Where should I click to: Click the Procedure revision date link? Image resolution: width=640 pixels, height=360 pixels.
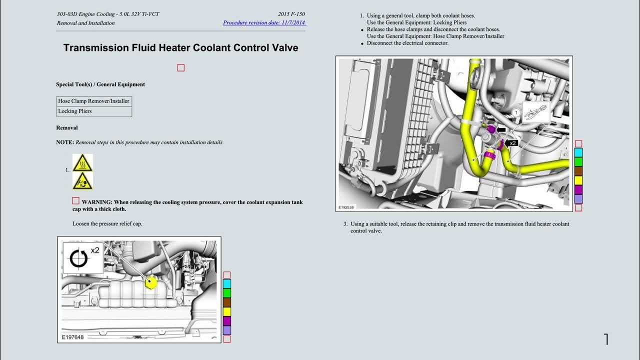coord(264,22)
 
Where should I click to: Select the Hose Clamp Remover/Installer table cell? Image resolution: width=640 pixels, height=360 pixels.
coord(94,101)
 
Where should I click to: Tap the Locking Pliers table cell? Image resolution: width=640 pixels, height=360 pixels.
coord(94,111)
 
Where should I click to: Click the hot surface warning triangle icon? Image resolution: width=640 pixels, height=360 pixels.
coord(82,163)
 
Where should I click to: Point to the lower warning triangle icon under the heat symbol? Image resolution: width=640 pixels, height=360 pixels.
coord(82,181)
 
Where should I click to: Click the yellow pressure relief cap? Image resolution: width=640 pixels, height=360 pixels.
coord(150,282)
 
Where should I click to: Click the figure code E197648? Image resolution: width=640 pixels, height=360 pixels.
coord(72,337)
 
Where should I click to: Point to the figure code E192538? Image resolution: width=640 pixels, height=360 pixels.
coord(346,207)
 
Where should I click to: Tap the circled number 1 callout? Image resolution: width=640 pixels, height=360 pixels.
coord(516,112)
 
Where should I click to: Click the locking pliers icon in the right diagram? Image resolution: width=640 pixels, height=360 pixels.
coord(536,112)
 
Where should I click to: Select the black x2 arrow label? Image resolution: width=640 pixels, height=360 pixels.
coord(511,143)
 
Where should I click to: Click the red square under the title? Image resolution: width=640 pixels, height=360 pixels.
coord(181,67)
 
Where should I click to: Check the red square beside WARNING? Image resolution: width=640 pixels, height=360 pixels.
coord(75,201)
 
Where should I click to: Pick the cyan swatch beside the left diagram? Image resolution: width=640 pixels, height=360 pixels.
coord(227,283)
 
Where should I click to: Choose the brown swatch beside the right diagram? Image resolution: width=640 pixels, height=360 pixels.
coord(578,171)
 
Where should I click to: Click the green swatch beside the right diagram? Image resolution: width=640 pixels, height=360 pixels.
coord(578,162)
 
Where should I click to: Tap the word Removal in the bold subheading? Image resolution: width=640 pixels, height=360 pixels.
coord(67,127)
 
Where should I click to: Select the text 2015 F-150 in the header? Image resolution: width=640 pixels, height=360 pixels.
coord(291,14)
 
